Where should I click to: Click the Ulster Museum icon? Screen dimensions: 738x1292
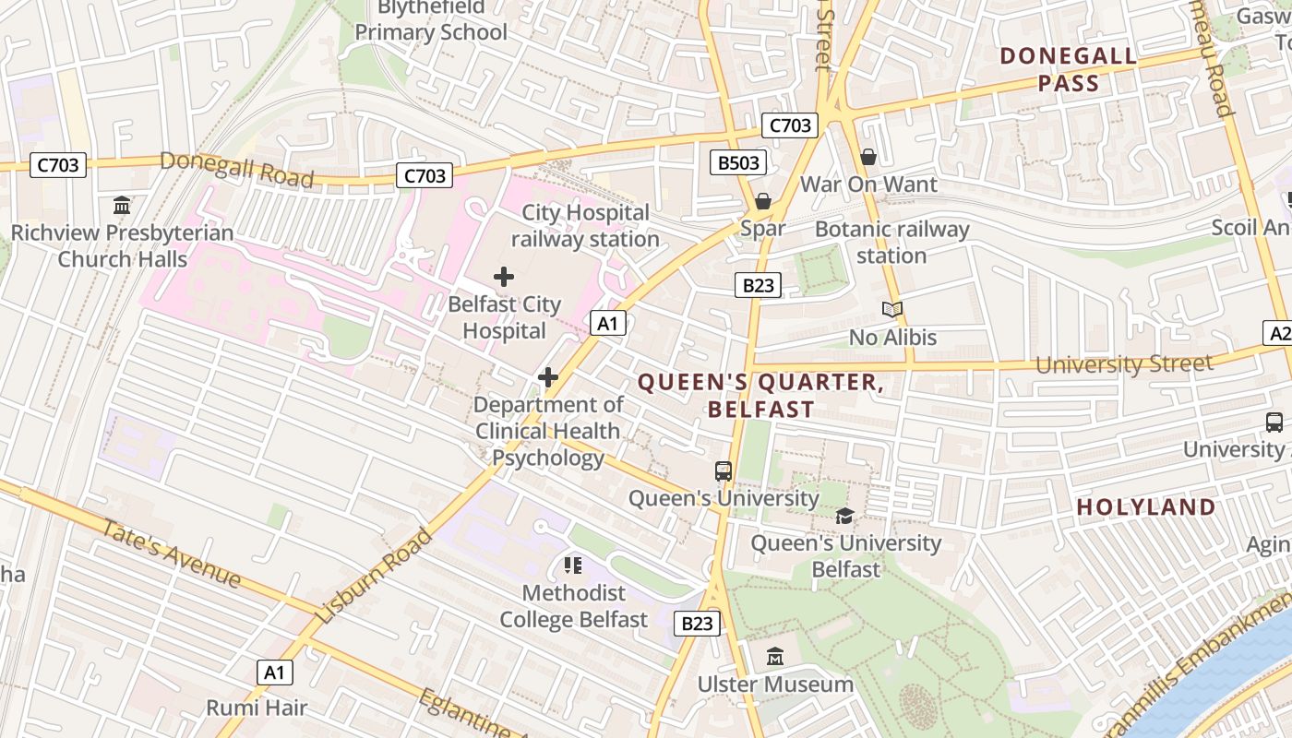point(775,658)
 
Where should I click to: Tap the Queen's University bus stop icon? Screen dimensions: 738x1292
point(724,471)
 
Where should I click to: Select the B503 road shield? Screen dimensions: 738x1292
point(739,163)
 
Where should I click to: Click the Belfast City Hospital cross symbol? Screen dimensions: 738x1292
point(504,276)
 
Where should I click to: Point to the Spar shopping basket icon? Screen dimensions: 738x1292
point(763,201)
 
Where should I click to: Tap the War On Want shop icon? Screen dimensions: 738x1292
point(867,158)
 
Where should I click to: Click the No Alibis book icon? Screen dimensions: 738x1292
point(891,310)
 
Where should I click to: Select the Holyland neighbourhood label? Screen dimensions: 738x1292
point(1145,506)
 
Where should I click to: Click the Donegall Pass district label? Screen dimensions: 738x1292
point(1068,69)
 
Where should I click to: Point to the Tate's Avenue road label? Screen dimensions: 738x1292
point(171,554)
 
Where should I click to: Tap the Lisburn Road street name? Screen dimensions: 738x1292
point(374,575)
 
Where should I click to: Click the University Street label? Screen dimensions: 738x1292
point(1123,363)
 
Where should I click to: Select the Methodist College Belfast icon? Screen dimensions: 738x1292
point(573,565)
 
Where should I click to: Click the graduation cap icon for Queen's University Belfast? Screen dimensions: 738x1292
point(844,517)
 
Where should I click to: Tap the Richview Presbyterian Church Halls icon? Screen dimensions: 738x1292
point(122,205)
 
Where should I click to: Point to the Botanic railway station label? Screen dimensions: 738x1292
point(891,242)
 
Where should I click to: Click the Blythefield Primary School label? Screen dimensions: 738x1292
point(431,20)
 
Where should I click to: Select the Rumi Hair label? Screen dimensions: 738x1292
point(257,708)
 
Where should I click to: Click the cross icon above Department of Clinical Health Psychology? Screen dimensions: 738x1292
point(548,377)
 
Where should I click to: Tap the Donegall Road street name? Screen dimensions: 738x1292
point(236,168)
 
